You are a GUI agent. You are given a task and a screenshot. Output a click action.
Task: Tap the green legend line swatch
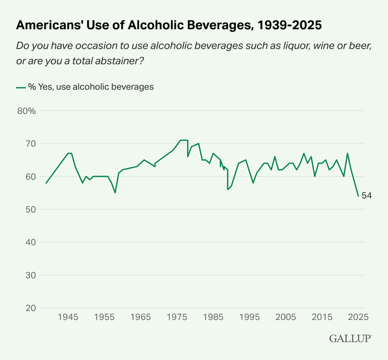click(x=21, y=86)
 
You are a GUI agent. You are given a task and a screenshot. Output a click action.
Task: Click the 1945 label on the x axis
click(x=68, y=317)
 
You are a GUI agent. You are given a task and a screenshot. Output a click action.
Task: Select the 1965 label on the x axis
click(x=141, y=317)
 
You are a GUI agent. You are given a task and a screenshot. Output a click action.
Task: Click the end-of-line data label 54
click(x=367, y=196)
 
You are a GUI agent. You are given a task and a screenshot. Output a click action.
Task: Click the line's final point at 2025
click(x=358, y=196)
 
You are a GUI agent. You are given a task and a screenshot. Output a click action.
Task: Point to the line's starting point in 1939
click(x=46, y=183)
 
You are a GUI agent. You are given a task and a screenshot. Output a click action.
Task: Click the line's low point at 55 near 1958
click(x=115, y=193)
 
